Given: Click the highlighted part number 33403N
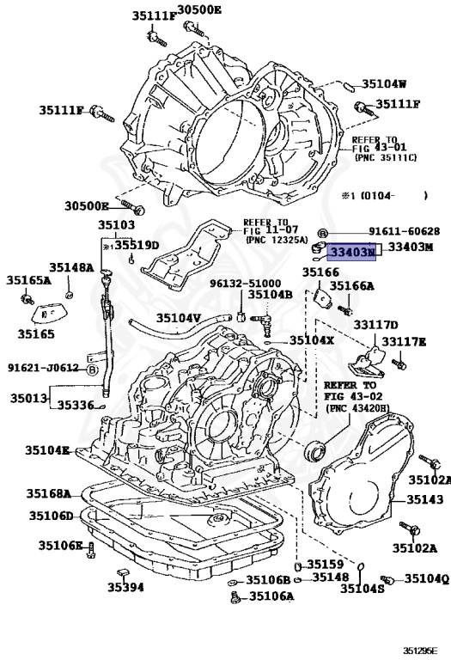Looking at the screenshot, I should [353, 252].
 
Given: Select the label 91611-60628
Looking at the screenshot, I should [405, 231].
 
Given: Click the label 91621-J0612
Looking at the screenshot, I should [43, 368].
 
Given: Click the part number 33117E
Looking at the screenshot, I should [404, 341].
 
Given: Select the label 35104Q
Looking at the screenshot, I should [426, 578].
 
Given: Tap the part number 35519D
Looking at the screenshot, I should [137, 245].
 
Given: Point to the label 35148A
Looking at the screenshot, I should [70, 267].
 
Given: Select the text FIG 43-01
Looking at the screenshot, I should [377, 148].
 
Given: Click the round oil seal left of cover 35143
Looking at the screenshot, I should [317, 448].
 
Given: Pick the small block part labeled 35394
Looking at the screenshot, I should [122, 571].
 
